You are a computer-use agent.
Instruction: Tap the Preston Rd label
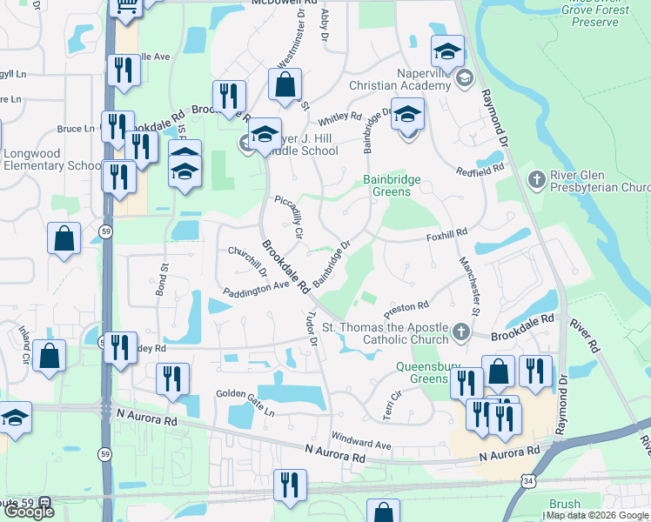point(406,307)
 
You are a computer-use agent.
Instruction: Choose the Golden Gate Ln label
point(245,396)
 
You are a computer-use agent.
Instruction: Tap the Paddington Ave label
point(255,288)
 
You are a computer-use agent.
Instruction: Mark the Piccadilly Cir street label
point(288,217)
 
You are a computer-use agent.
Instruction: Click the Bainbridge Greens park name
point(392,186)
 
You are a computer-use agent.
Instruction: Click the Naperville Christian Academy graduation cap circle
point(464,78)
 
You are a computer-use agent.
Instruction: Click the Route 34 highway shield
point(528,479)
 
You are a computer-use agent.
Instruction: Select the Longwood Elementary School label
point(52,159)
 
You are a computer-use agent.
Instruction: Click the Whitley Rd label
point(339,116)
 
